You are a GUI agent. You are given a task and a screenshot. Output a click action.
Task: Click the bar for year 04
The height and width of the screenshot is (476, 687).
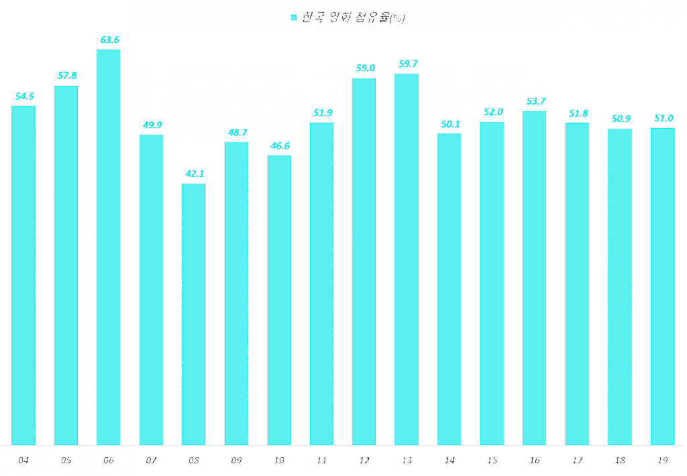(23, 275)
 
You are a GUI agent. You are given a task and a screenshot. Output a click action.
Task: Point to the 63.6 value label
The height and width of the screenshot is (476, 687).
(109, 40)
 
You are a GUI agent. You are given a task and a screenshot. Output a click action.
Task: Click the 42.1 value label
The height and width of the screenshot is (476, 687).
(195, 174)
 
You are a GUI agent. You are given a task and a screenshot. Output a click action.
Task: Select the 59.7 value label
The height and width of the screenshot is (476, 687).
(408, 64)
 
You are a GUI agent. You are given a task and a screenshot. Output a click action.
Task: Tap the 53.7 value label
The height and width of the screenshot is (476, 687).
(535, 101)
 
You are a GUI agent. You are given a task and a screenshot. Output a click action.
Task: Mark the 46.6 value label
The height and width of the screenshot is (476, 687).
(280, 145)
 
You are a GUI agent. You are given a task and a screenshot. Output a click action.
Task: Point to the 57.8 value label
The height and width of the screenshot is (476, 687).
(67, 76)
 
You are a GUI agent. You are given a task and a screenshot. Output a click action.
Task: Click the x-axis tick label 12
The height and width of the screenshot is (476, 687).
(364, 461)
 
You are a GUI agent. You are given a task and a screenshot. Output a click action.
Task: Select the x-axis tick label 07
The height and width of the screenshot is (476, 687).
(151, 461)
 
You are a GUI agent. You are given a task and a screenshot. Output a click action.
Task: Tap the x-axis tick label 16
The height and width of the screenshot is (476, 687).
(535, 461)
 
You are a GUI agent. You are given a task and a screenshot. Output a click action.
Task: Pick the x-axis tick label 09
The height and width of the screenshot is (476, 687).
(236, 461)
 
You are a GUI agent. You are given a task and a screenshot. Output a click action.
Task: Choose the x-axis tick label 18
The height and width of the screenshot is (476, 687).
(620, 461)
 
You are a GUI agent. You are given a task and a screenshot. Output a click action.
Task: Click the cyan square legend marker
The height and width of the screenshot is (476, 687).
(293, 18)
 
